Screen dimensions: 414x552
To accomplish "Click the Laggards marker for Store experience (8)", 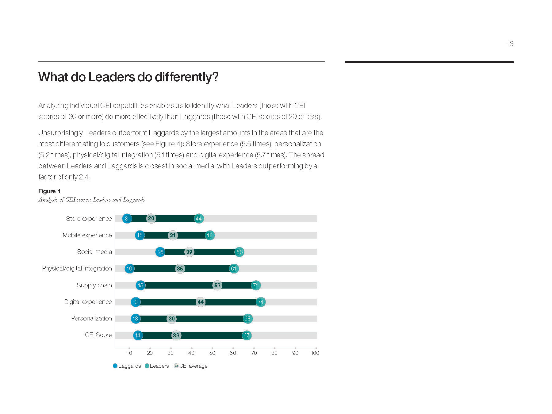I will pyautogui.click(x=127, y=219).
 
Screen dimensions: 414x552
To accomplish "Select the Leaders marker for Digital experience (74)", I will pyautogui.click(x=261, y=302).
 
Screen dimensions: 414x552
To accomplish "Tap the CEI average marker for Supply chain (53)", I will pyautogui.click(x=217, y=286).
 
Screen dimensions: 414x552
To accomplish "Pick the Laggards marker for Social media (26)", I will pyautogui.click(x=160, y=252).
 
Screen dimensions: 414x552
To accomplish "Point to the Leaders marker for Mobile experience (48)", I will pyautogui.click(x=209, y=235).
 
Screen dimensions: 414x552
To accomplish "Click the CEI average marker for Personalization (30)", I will pyautogui.click(x=171, y=319).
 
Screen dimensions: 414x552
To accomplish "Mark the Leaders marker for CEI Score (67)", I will pyautogui.click(x=247, y=335).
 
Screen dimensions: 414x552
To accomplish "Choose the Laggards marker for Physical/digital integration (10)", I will pyautogui.click(x=129, y=269).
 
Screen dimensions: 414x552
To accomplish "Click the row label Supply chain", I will pyautogui.click(x=94, y=285).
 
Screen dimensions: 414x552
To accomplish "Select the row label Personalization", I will pyautogui.click(x=91, y=318).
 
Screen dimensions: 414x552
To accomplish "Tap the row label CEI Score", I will pyautogui.click(x=98, y=335).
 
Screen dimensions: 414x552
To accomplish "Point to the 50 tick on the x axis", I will pyautogui.click(x=212, y=353).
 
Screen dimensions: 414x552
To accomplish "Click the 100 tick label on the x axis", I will pyautogui.click(x=315, y=353).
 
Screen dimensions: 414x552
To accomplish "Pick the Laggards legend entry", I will pyautogui.click(x=127, y=366).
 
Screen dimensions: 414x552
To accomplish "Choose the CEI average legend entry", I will pyautogui.click(x=191, y=366).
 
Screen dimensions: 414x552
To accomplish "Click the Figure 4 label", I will pyautogui.click(x=49, y=191).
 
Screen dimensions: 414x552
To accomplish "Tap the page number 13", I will pyautogui.click(x=510, y=44).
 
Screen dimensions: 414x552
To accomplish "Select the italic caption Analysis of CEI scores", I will pyautogui.click(x=91, y=200).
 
